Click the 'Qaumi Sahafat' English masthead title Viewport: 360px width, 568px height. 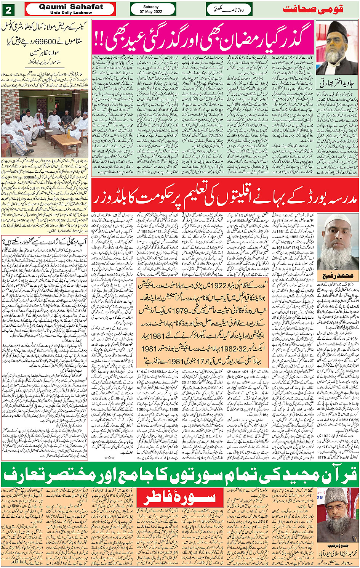click(x=71, y=7)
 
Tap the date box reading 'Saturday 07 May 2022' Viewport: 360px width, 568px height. click(x=153, y=9)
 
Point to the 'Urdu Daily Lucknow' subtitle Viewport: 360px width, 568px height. click(x=71, y=13)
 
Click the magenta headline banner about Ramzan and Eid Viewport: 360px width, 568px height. click(x=203, y=38)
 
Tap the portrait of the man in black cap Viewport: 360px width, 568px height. click(x=336, y=47)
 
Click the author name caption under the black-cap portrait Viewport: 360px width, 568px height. click(x=336, y=81)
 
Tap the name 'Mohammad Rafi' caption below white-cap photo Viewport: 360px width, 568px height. click(x=337, y=275)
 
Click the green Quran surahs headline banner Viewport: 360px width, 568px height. click(x=180, y=475)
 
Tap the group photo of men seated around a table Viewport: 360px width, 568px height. click(x=45, y=123)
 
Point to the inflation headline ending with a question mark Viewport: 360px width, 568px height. click(x=45, y=241)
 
